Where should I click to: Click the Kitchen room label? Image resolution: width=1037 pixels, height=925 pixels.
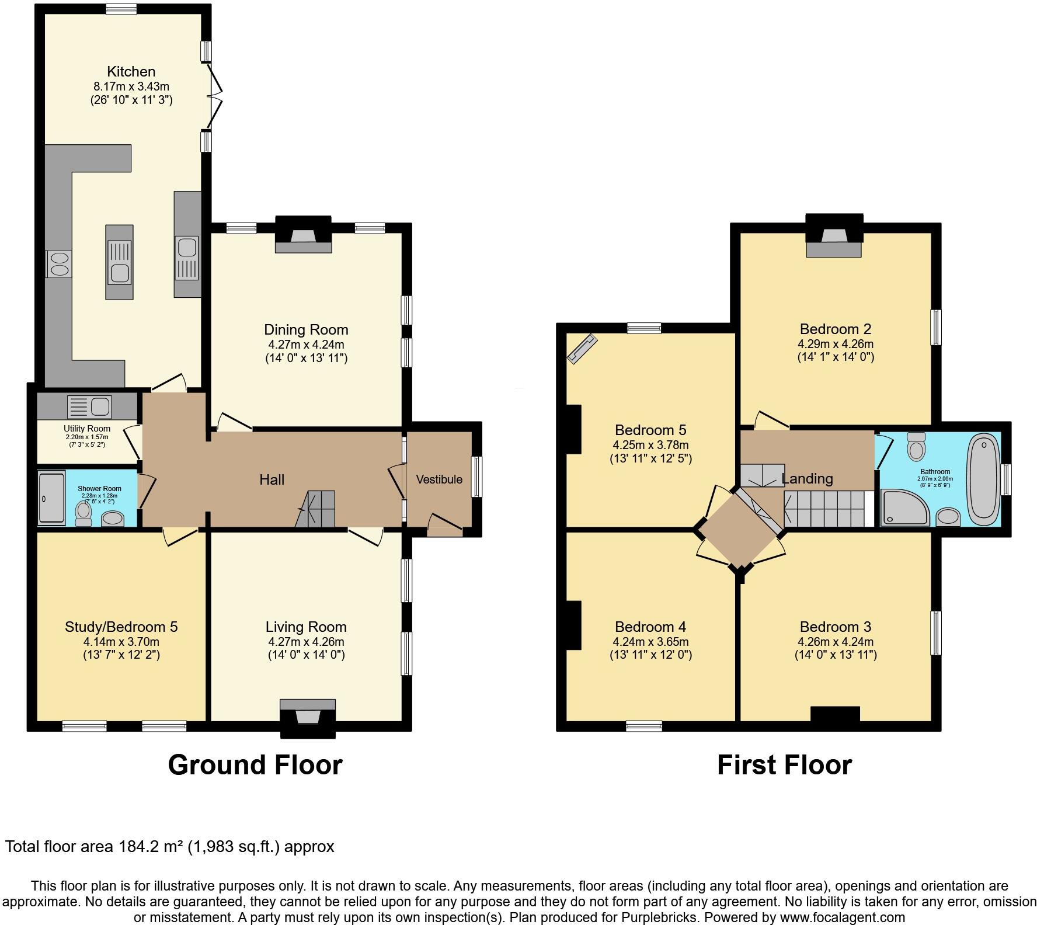click(131, 72)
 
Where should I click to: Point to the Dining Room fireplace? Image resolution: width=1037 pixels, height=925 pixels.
click(303, 237)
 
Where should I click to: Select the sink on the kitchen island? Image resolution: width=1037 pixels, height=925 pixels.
click(120, 272)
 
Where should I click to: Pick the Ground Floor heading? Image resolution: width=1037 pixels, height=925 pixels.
click(255, 765)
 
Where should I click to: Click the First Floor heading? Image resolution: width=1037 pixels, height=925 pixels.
click(784, 765)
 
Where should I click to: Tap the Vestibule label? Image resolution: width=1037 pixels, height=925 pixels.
click(439, 479)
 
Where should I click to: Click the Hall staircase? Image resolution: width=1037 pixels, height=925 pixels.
click(318, 509)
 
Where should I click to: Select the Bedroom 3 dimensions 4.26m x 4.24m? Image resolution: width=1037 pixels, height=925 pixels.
click(836, 642)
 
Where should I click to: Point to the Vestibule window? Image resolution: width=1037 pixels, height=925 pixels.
click(477, 477)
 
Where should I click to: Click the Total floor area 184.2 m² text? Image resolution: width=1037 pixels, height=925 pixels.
click(169, 847)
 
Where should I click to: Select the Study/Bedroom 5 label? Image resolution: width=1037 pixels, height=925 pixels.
click(121, 627)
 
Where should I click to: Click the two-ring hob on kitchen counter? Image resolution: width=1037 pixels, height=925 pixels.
click(58, 263)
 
